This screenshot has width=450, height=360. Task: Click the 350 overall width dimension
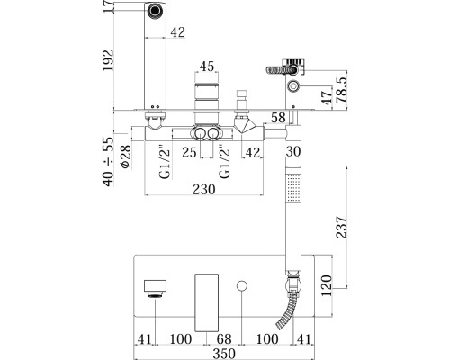pyautogui.click(x=224, y=354)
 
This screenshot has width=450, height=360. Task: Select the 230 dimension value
pyautogui.click(x=204, y=189)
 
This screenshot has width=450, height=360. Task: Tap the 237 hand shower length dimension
pyautogui.click(x=341, y=227)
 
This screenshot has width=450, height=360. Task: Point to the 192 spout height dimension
pyautogui.click(x=109, y=60)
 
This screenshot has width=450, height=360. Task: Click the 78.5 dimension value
pyautogui.click(x=342, y=90)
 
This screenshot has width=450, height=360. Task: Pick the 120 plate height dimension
pyautogui.click(x=327, y=285)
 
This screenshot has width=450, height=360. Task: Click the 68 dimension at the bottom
pyautogui.click(x=224, y=339)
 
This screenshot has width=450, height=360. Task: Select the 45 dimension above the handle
pyautogui.click(x=207, y=67)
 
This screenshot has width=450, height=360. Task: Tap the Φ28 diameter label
pyautogui.click(x=126, y=157)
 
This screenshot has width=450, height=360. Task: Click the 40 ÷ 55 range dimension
pyautogui.click(x=109, y=162)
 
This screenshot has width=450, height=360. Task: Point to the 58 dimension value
pyautogui.click(x=278, y=118)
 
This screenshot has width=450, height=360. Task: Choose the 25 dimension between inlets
pyautogui.click(x=189, y=153)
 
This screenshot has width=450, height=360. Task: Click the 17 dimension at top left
pyautogui.click(x=109, y=6)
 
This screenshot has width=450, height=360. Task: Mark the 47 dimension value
pyautogui.click(x=327, y=95)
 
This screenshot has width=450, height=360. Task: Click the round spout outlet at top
pyautogui.click(x=155, y=11)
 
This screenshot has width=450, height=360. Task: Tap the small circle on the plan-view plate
pyautogui.click(x=242, y=285)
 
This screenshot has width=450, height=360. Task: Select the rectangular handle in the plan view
pyautogui.click(x=206, y=302)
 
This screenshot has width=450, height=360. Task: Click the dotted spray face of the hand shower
pyautogui.click(x=293, y=189)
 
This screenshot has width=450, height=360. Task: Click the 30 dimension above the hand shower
pyautogui.click(x=293, y=152)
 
